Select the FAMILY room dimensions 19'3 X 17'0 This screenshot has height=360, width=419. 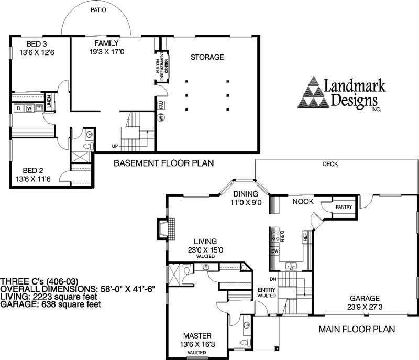pyautogui.click(x=107, y=52)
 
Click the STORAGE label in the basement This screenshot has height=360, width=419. pyautogui.click(x=207, y=57)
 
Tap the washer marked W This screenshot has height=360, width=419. pyautogui.click(x=29, y=108)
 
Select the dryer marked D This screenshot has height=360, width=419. pyautogui.click(x=18, y=108)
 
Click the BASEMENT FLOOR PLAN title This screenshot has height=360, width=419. pyautogui.click(x=164, y=163)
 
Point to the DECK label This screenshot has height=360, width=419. pyautogui.click(x=330, y=164)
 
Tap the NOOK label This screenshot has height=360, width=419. pyautogui.click(x=302, y=201)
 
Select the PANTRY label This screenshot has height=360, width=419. pyautogui.click(x=343, y=207)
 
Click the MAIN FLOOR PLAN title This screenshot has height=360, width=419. pyautogui.click(x=357, y=330)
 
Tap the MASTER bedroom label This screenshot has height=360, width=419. pyautogui.click(x=197, y=335)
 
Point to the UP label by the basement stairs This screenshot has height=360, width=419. pyautogui.click(x=114, y=146)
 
